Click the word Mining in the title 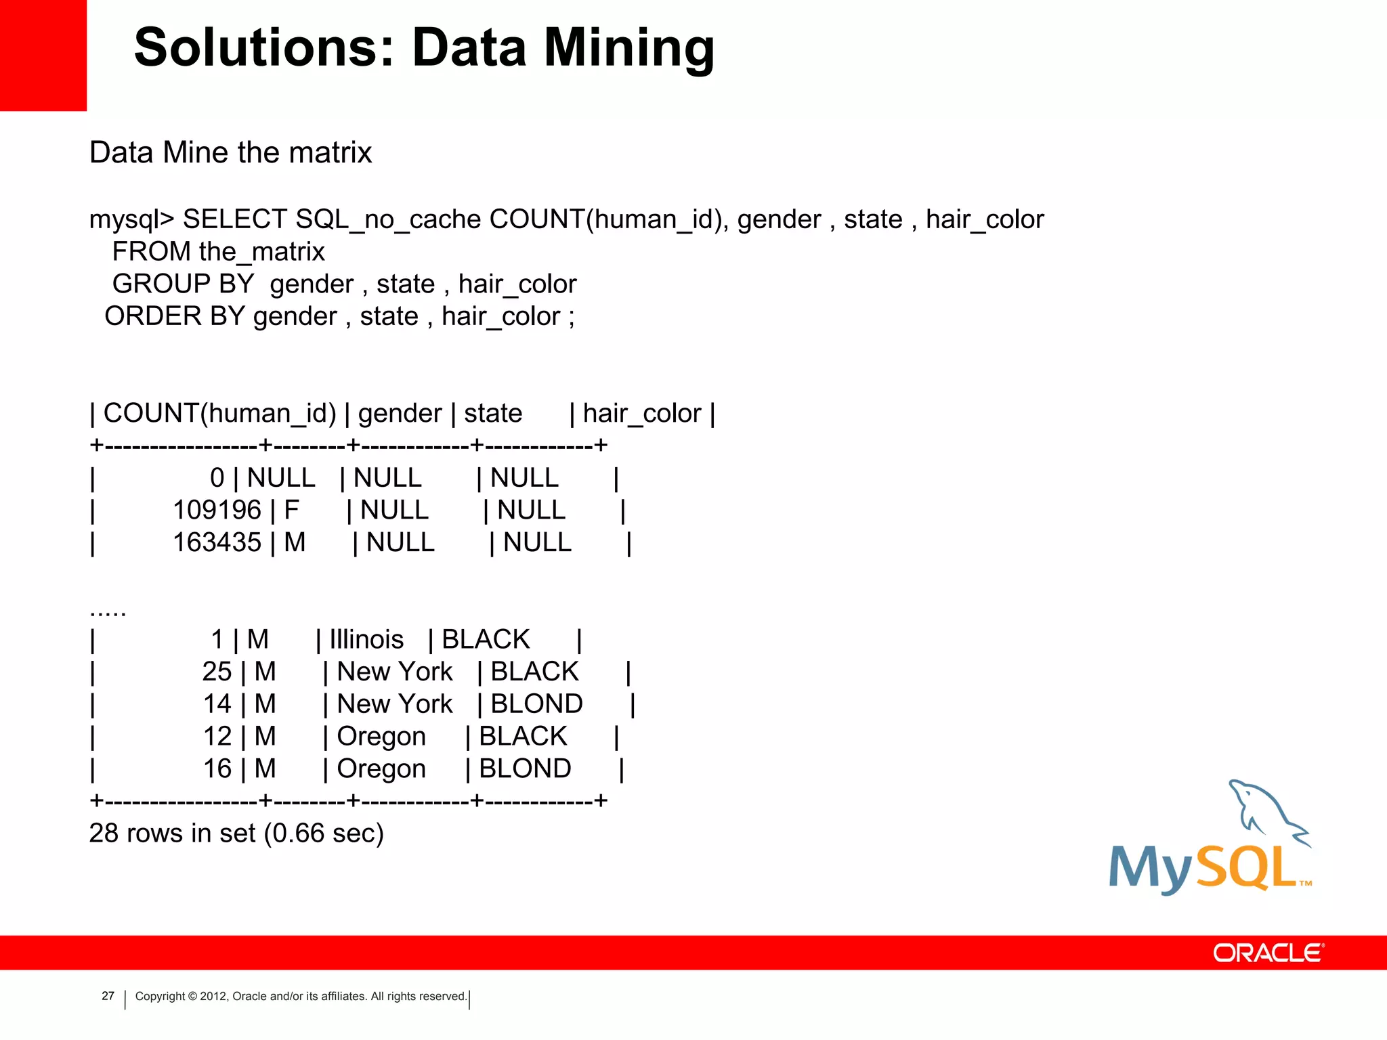pos(629,49)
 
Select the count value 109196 pos(217,510)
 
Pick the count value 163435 pos(217,542)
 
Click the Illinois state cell pos(366,639)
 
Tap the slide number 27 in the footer pos(108,995)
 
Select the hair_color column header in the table pos(641,413)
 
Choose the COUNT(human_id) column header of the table pos(219,413)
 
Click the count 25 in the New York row pos(217,672)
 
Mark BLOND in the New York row pos(536,704)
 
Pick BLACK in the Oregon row pos(523,736)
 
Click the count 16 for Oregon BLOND pos(217,768)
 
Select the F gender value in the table pos(291,510)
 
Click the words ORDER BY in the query pos(174,316)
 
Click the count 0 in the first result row pos(217,478)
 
